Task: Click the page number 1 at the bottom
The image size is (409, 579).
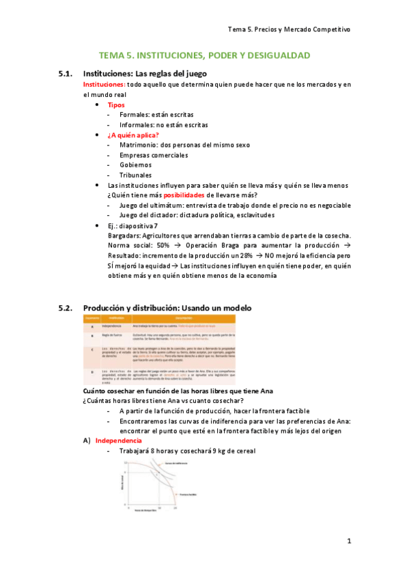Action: pyautogui.click(x=348, y=542)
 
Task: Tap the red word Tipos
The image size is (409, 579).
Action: pyautogui.click(x=116, y=104)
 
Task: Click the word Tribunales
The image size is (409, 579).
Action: pyautogui.click(x=137, y=175)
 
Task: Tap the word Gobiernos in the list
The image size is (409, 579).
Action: pyautogui.click(x=137, y=165)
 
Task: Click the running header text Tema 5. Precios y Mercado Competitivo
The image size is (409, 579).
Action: pyautogui.click(x=289, y=29)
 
